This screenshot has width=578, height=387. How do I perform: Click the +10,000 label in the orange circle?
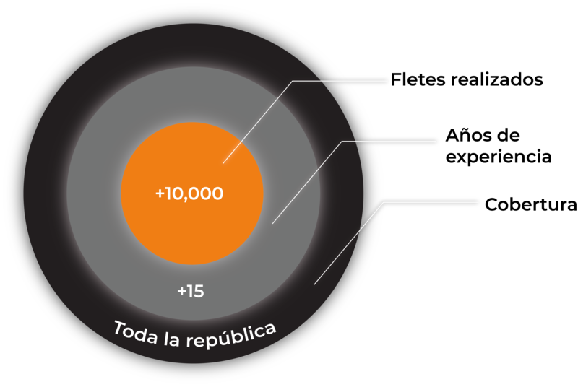pos(189,193)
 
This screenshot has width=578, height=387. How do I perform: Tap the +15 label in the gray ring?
pos(191,292)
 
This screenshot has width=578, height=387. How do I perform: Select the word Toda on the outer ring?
pos(136,332)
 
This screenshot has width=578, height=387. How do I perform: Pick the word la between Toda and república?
pos(172,339)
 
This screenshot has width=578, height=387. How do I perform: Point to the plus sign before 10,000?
pos(160,193)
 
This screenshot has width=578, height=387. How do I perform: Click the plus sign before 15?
pos(181,292)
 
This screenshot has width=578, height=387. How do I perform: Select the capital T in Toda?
pos(120,326)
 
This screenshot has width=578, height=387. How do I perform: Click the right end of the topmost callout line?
pos(387,81)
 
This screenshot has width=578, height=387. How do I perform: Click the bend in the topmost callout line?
pos(293,81)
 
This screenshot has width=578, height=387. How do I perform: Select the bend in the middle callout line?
pos(342,142)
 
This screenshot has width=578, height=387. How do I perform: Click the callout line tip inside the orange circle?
pos(223,163)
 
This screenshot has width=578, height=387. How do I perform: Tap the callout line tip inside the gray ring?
pos(272,224)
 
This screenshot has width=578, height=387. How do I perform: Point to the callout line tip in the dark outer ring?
pos(314,284)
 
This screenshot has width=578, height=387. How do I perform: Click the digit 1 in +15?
pos(190,292)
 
